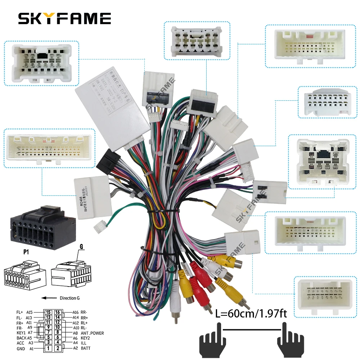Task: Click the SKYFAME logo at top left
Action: coord(65,18)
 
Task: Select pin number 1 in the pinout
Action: coord(48,348)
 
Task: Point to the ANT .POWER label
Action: coord(92,333)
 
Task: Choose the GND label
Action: coord(21,348)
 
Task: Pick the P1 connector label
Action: coord(26,253)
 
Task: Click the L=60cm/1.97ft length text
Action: coord(251,314)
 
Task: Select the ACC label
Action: coord(21,343)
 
